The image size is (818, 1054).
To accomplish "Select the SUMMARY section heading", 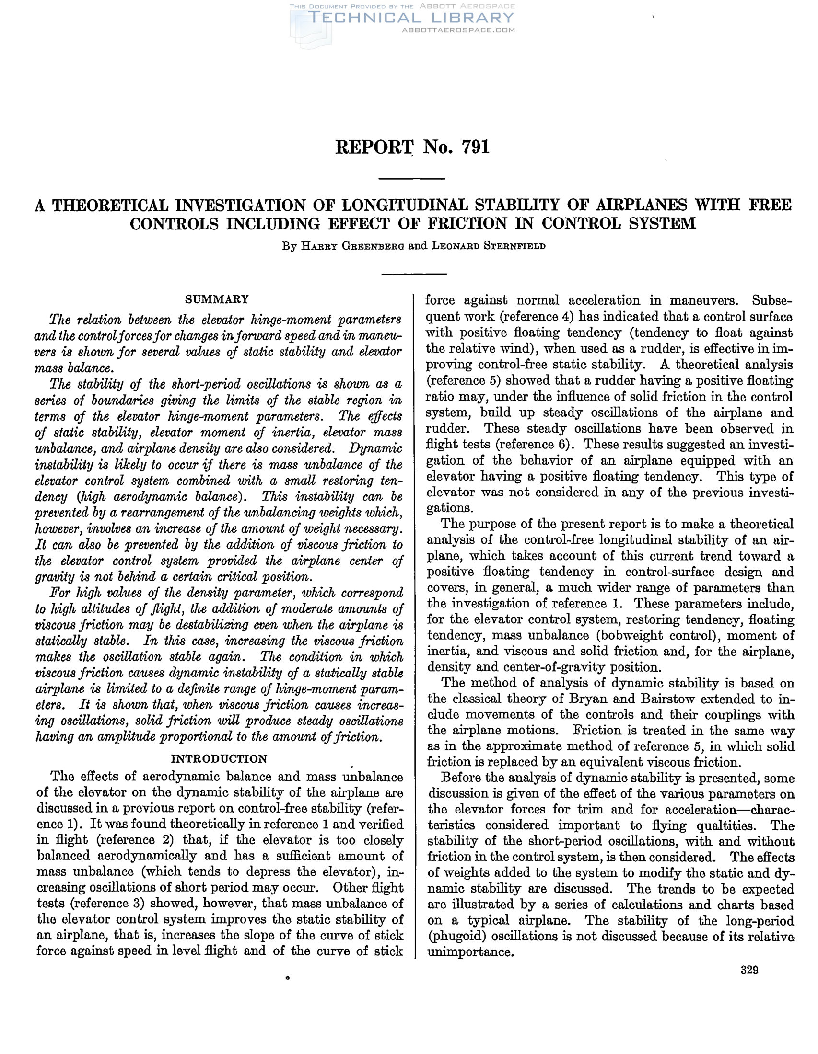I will (217, 299).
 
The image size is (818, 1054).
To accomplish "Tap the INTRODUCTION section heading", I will (219, 759).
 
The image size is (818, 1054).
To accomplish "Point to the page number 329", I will (749, 970).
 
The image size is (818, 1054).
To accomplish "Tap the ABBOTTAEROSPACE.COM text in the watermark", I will (458, 30).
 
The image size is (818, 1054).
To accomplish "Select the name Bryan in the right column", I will (605, 699).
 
